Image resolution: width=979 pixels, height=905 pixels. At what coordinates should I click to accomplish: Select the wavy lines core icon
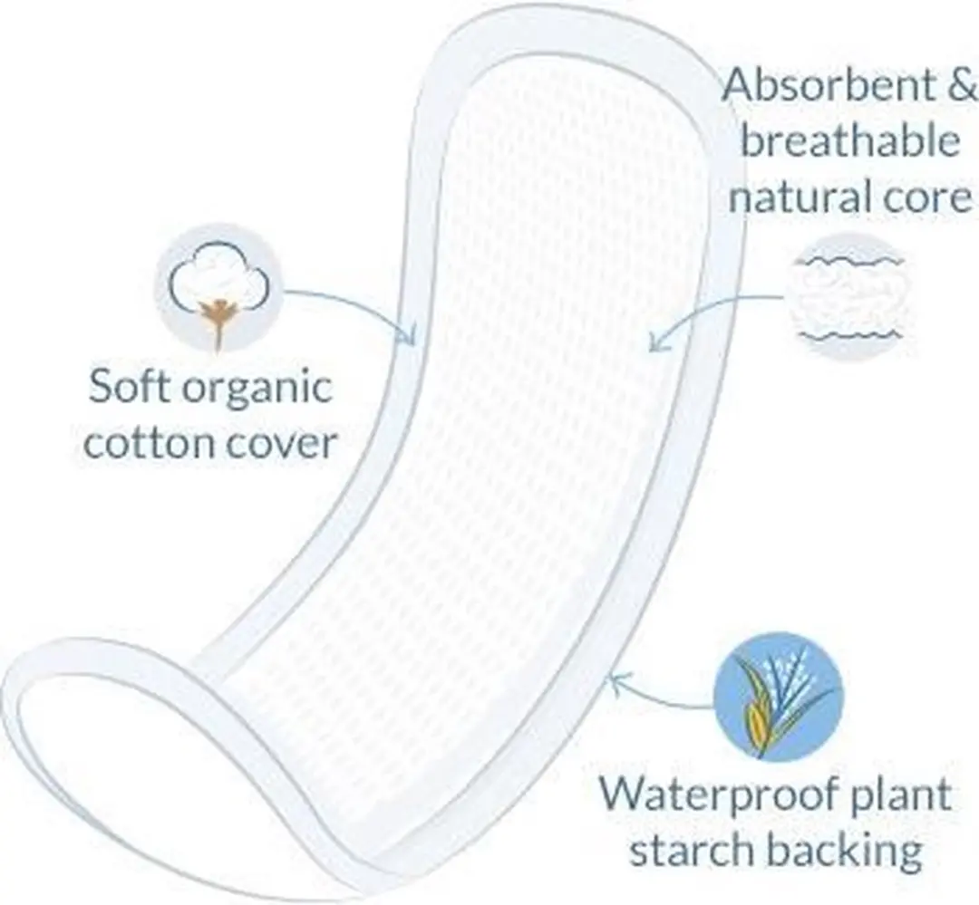[x=850, y=297]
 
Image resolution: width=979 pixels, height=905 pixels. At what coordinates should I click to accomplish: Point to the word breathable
[x=849, y=142]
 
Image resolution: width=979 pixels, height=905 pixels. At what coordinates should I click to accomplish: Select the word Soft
[x=129, y=386]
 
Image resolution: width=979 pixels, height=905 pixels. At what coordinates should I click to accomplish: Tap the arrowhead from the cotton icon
[x=409, y=334]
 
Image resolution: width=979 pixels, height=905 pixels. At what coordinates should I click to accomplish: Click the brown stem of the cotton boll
[x=217, y=323]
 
